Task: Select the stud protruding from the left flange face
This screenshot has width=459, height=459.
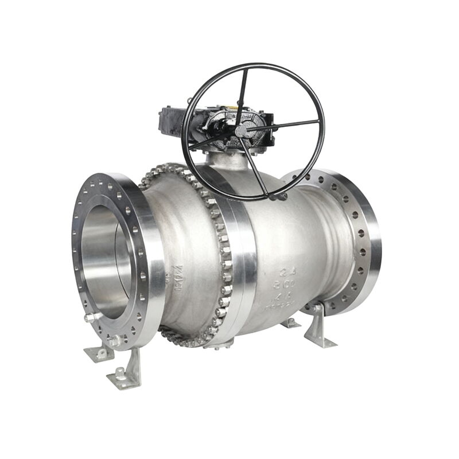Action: [x=89, y=317]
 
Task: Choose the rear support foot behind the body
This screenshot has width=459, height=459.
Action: [x=290, y=322]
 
